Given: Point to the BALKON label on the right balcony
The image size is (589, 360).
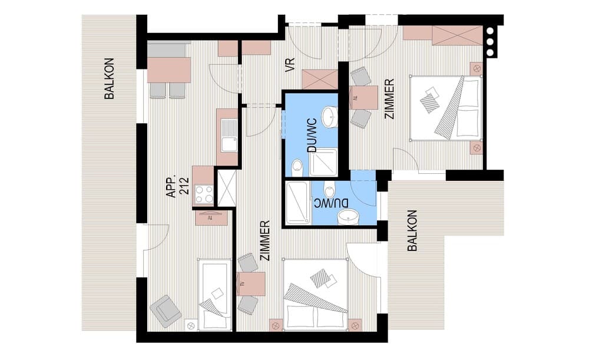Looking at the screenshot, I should tap(412, 230).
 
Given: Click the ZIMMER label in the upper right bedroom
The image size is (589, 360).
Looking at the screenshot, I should tap(389, 99).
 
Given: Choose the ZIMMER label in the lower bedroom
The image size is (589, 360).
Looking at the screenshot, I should tap(265, 240).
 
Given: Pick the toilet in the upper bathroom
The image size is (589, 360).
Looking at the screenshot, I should tap(297, 167).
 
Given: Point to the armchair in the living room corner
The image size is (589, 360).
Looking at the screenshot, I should tap(166, 311).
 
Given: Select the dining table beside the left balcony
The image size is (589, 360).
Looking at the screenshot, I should tap(168, 70).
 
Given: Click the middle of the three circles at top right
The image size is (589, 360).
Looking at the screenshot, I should tap(490, 42).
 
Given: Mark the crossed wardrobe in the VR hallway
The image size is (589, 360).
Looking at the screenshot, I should tap(320, 79).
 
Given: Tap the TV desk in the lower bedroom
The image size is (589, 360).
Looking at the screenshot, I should tap(251, 283).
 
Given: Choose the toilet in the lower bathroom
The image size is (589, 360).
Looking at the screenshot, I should tap(329, 190).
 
